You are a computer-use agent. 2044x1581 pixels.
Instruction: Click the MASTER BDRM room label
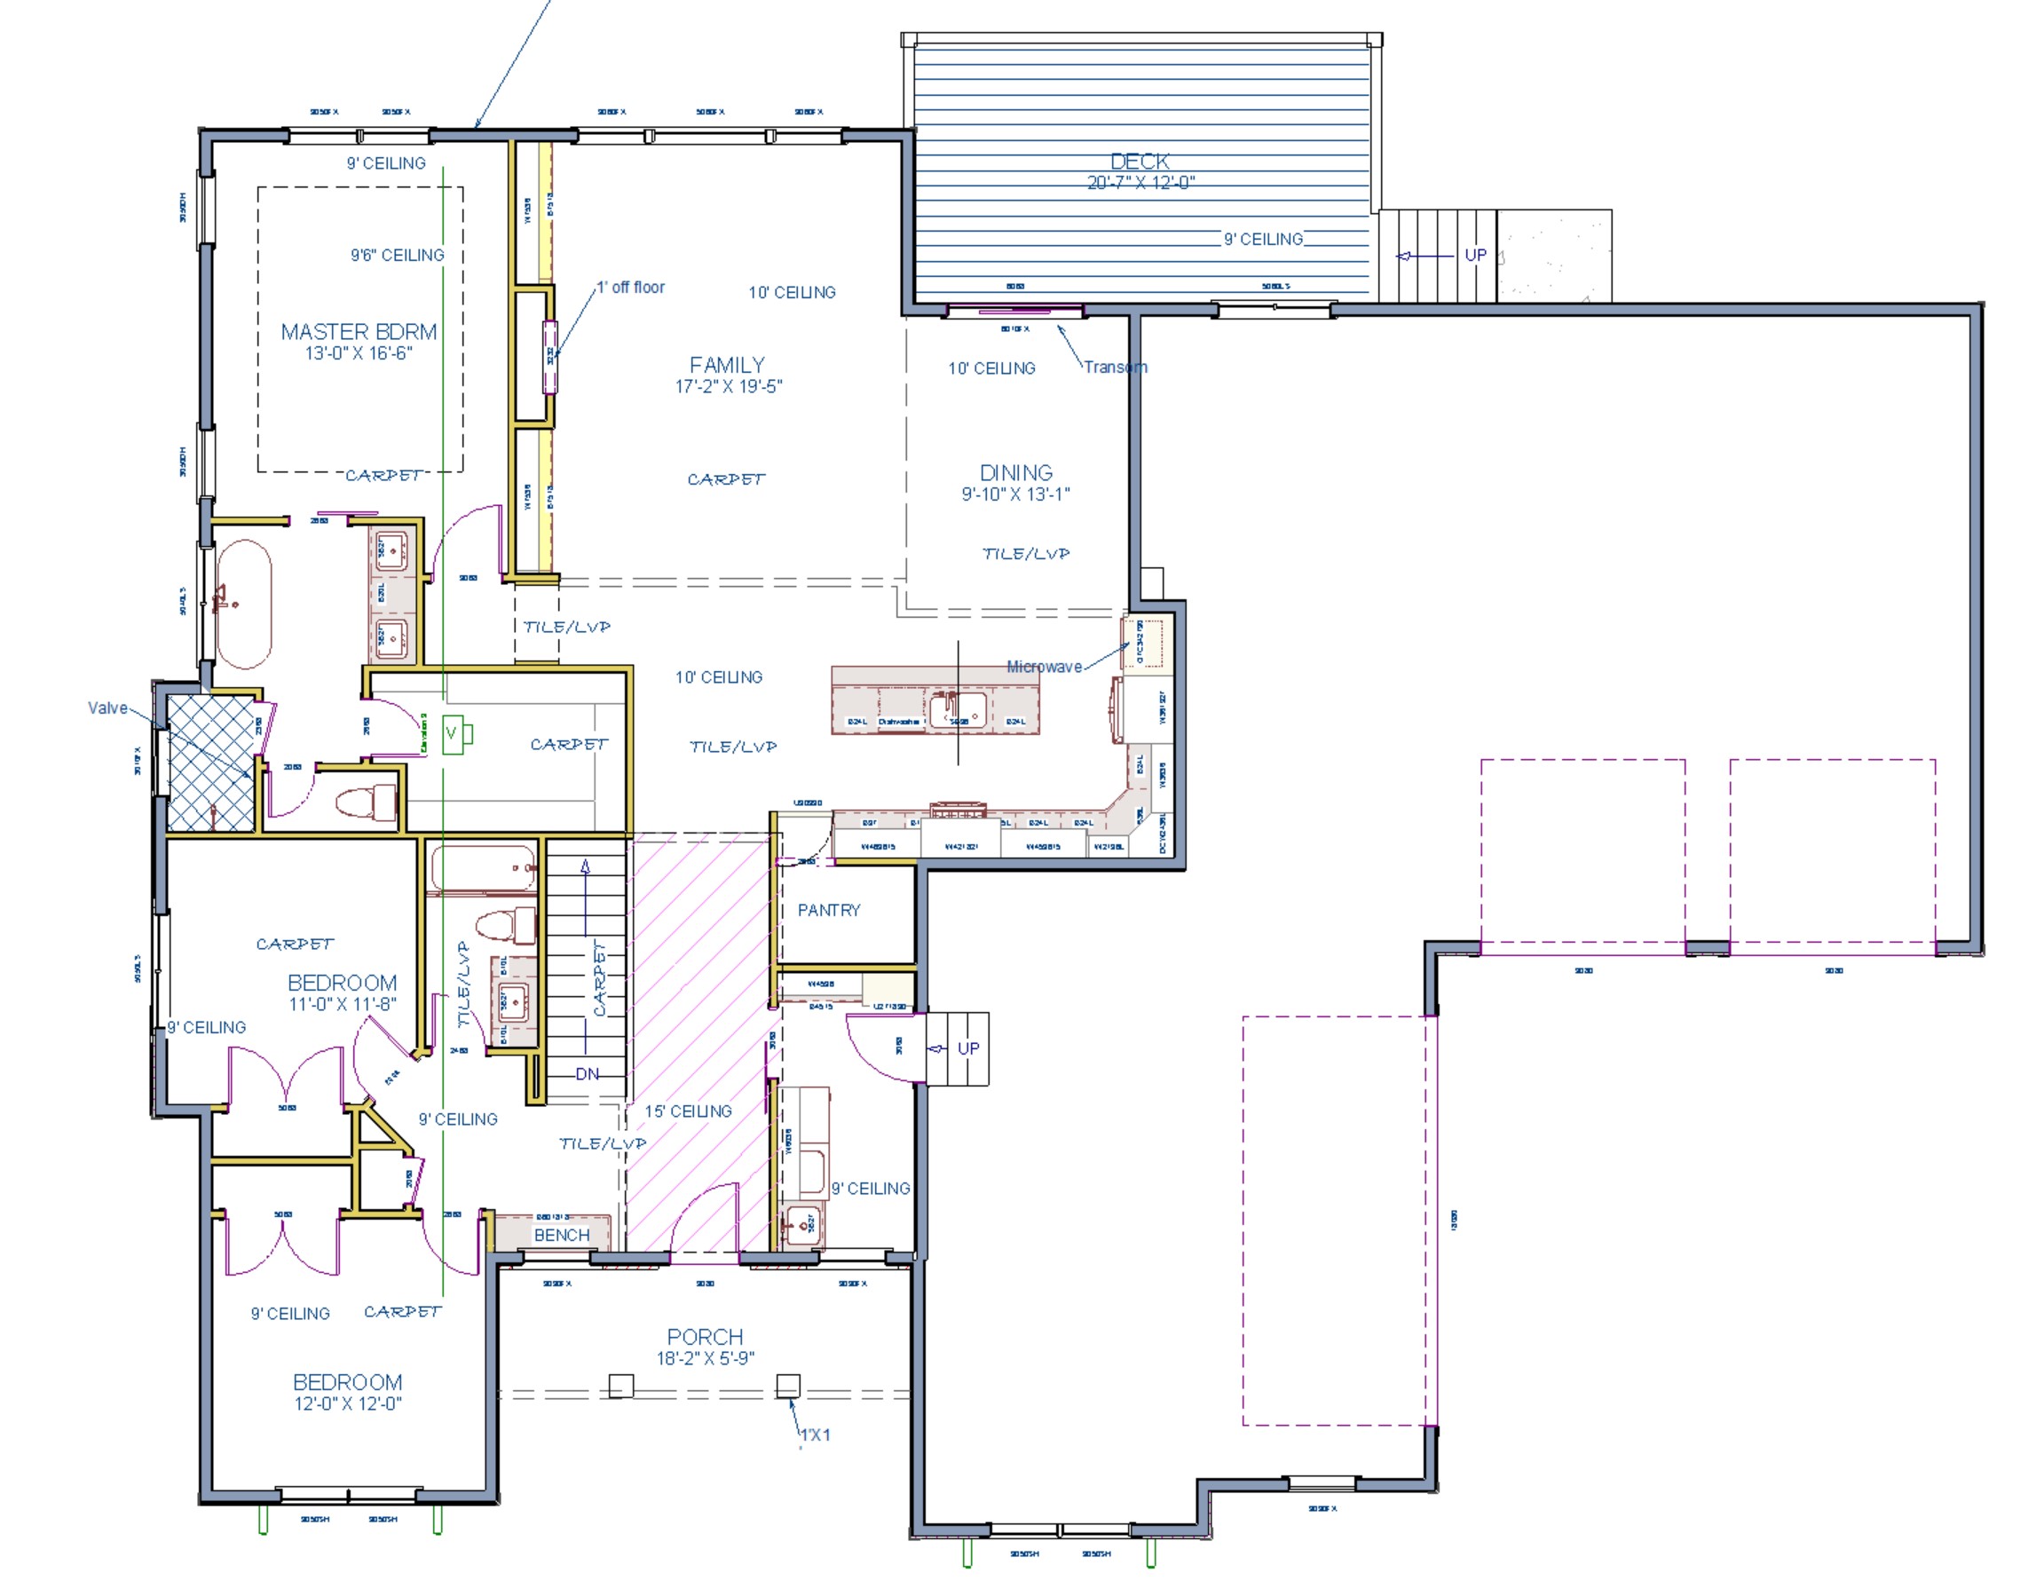point(359,332)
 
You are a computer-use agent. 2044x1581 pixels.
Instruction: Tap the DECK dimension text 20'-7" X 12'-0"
point(1140,184)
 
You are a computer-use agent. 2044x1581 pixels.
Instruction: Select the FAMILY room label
point(727,365)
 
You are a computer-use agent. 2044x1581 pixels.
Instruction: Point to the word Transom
point(1115,368)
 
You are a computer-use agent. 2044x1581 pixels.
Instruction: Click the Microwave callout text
point(1044,668)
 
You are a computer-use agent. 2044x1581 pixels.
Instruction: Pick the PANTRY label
point(828,911)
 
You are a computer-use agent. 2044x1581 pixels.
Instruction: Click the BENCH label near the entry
point(562,1236)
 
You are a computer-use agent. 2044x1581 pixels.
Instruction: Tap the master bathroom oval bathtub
point(244,604)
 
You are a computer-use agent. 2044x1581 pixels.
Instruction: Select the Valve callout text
point(107,708)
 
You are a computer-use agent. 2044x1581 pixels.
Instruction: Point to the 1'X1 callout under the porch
point(814,1435)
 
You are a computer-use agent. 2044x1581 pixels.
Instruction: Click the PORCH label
point(705,1338)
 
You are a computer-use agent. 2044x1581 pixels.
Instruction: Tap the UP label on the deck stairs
point(1475,255)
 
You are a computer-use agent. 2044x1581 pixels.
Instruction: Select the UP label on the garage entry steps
point(967,1049)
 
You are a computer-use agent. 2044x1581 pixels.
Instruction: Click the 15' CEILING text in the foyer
point(688,1112)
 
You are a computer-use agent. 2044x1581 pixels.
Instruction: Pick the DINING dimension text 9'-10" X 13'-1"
point(1015,494)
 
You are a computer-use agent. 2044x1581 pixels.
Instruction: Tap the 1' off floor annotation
point(631,288)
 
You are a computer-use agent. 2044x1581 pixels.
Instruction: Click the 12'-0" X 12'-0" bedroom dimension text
point(347,1404)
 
